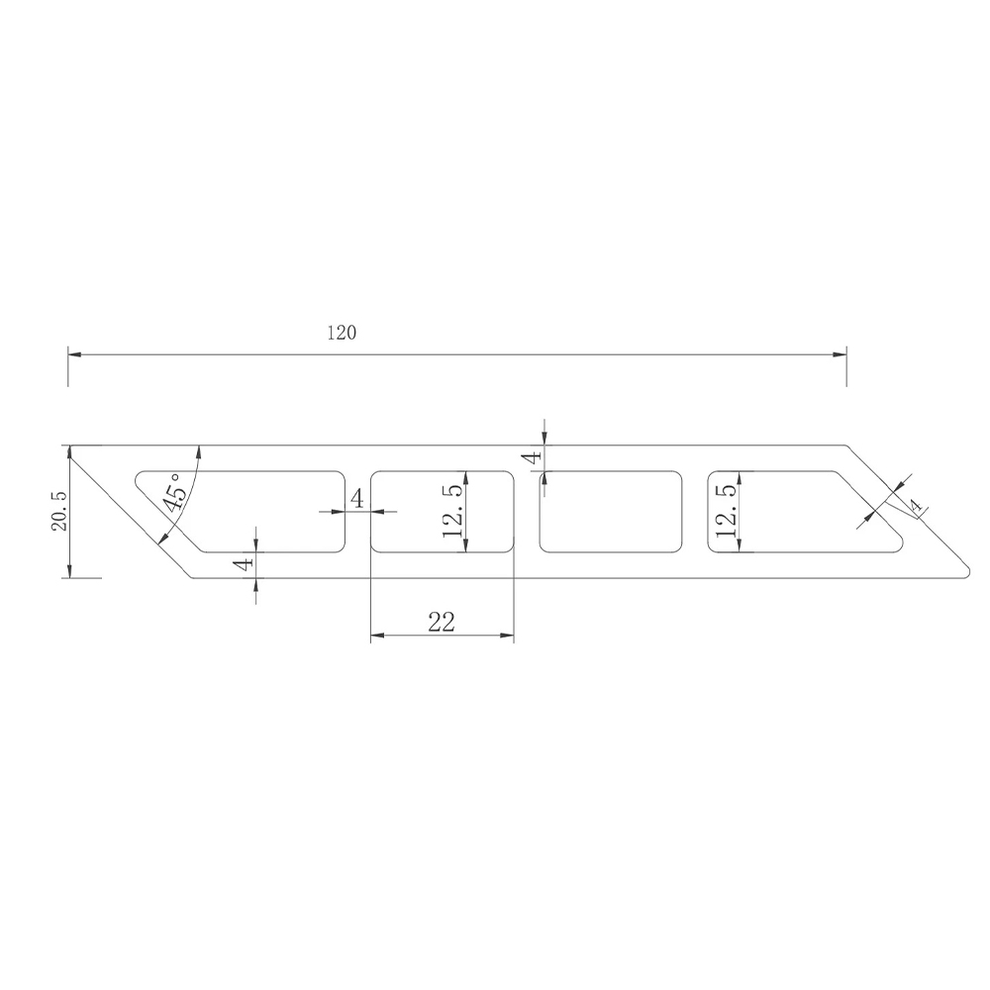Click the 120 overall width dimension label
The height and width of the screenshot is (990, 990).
click(x=342, y=333)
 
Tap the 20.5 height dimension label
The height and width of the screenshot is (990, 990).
click(x=60, y=512)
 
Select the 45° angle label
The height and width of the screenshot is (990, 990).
click(x=174, y=493)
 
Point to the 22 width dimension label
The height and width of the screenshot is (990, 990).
click(x=442, y=623)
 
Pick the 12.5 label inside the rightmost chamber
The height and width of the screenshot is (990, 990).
click(x=727, y=511)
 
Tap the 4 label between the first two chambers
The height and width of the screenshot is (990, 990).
click(x=357, y=499)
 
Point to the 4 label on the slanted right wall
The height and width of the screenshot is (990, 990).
click(x=915, y=505)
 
